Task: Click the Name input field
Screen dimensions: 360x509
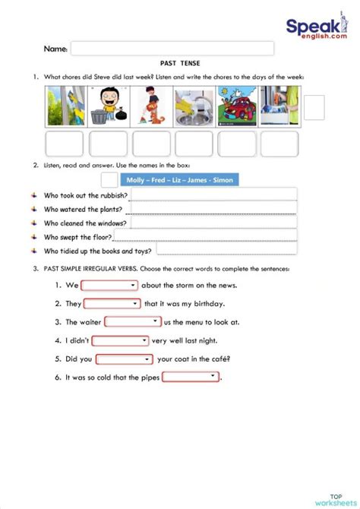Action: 172,49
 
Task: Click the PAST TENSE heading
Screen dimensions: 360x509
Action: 180,64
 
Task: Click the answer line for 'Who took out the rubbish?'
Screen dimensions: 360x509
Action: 213,195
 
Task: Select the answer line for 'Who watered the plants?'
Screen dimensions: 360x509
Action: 213,209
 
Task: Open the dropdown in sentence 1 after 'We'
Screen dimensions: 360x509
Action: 109,286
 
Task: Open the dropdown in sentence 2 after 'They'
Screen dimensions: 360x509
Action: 112,304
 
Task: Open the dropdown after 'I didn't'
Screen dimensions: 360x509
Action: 120,340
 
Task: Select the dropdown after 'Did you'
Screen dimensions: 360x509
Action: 125,359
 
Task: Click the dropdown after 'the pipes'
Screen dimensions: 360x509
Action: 190,377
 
